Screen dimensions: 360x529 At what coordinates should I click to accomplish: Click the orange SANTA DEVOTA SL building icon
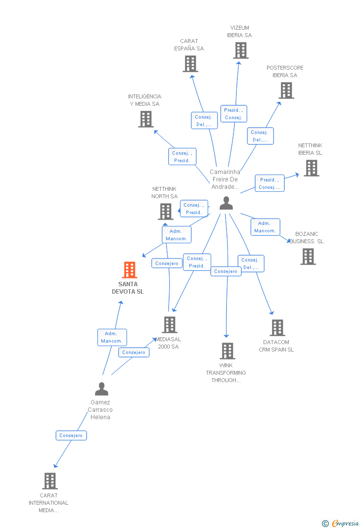tap(130, 269)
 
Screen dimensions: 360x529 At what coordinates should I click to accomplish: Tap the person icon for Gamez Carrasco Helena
tap(101, 389)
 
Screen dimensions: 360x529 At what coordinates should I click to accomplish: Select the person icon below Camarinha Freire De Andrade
tap(226, 203)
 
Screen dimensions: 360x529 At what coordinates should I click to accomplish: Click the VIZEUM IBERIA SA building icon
tap(241, 50)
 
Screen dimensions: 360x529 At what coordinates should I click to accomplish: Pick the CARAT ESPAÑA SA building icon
tap(190, 64)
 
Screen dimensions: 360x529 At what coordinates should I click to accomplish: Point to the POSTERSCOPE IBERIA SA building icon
tap(286, 90)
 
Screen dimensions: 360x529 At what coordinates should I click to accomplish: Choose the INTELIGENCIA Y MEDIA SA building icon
tap(146, 119)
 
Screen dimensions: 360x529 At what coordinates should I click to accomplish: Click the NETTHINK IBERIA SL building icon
tap(312, 168)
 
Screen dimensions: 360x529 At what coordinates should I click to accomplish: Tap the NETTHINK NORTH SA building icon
tap(166, 212)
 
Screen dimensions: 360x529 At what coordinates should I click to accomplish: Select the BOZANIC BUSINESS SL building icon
tap(309, 257)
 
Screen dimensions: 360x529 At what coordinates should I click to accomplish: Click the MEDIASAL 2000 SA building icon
tap(170, 325)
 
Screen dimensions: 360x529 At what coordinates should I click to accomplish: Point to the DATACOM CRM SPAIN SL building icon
tap(278, 328)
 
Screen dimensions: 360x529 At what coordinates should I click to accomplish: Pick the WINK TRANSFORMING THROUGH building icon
tap(227, 351)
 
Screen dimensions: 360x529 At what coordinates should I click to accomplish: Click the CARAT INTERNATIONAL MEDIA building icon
tap(50, 481)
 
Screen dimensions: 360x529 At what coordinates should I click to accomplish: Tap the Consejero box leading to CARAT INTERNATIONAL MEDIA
tap(71, 435)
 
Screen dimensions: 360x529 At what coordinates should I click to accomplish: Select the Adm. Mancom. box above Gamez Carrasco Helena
tap(112, 337)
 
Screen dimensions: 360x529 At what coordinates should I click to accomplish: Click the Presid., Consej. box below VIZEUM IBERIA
tap(233, 114)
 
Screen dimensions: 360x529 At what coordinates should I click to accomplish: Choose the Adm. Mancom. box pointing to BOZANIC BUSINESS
tap(265, 227)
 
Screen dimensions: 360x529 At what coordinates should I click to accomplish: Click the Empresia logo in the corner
tap(340, 523)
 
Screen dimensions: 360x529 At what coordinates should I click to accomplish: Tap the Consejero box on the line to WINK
tap(225, 271)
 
